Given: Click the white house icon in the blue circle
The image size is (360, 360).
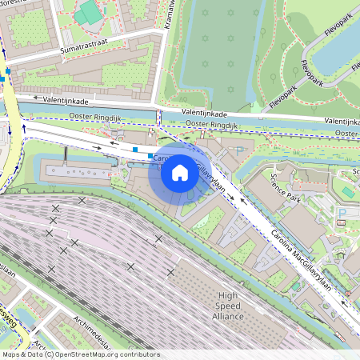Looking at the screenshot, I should point(180,172).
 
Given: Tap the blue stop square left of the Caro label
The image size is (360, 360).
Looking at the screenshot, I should point(137,149).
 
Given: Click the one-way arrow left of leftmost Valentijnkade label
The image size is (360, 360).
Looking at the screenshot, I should point(37,98).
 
